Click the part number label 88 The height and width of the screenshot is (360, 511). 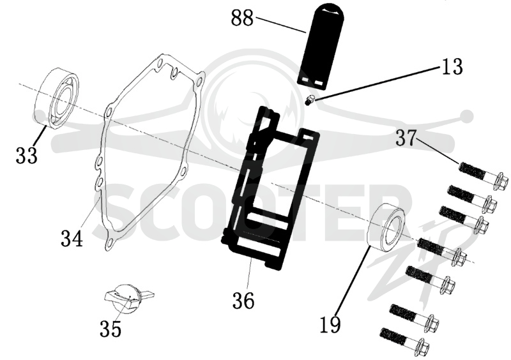point(242,18)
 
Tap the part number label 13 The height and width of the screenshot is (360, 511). point(452,66)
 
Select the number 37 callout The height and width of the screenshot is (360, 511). point(406,138)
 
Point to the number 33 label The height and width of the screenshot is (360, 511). point(27,155)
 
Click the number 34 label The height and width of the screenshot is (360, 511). point(72,238)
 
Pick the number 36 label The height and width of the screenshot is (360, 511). point(243,301)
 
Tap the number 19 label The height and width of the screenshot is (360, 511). point(330,324)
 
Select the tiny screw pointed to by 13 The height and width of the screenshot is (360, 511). point(309,100)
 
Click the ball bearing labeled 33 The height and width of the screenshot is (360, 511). point(57,97)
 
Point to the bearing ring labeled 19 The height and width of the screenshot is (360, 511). point(386,227)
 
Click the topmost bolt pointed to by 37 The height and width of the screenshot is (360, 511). point(484,176)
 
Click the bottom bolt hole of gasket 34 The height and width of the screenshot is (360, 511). point(111,241)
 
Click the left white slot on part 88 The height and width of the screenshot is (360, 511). point(305,80)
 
